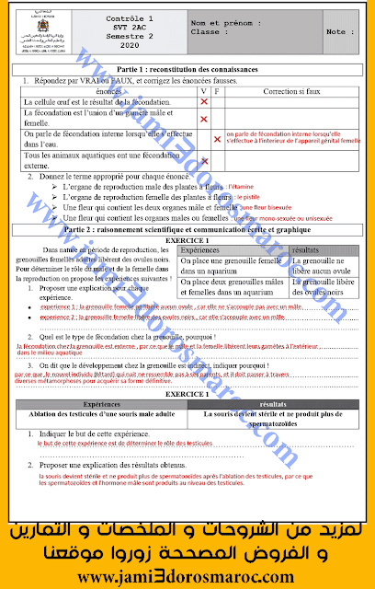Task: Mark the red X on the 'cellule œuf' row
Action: tap(204, 102)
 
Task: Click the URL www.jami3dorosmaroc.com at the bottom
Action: tap(187, 575)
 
